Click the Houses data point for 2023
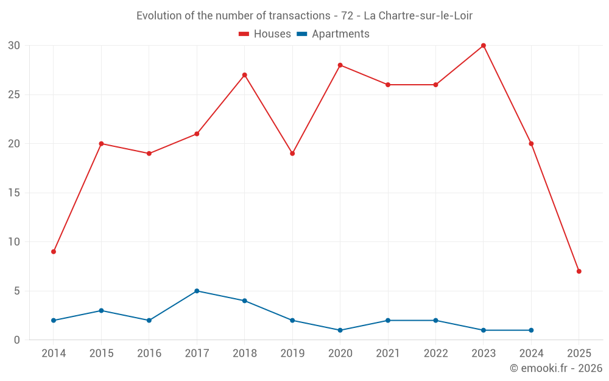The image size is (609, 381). coord(484,46)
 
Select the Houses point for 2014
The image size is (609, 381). coord(54,252)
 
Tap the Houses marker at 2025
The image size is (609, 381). coord(579,271)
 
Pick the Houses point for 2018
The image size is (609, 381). coord(245,75)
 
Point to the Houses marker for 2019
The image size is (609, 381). coord(292,154)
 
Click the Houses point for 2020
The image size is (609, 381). coord(340,65)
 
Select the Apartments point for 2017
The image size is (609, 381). coord(197,291)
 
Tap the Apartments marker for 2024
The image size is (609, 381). coord(531,330)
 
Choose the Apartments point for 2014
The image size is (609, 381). coord(54,321)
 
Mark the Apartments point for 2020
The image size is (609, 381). coord(340,330)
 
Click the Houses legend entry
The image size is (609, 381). coord(265,34)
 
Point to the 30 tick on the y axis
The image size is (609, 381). coord(15,46)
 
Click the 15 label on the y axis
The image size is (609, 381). coord(15,193)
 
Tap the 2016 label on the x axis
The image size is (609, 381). coord(149,354)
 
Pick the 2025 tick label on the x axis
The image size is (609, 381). coord(579,354)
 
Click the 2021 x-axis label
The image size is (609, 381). coord(388,354)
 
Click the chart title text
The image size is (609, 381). coord(304,16)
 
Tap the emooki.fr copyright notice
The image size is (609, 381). coord(555,368)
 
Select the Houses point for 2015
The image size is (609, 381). coord(101,144)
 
